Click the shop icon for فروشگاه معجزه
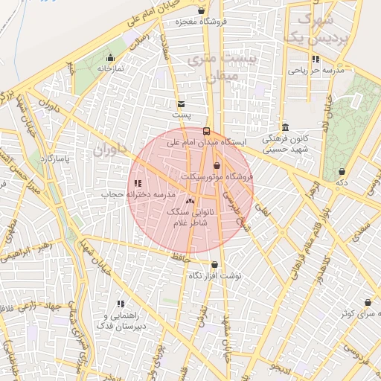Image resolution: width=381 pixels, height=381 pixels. [x=202, y=10]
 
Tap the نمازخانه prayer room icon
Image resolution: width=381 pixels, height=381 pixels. [x=111, y=57]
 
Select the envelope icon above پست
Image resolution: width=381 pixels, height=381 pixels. [x=181, y=103]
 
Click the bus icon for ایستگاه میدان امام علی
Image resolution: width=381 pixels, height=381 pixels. [x=206, y=131]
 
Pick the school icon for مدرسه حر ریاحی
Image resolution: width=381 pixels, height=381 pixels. [x=316, y=59]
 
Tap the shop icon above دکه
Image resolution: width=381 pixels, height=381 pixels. [x=342, y=171]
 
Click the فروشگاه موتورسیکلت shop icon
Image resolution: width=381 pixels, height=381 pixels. [x=217, y=165]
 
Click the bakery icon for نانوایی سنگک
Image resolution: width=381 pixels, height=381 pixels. [x=190, y=200]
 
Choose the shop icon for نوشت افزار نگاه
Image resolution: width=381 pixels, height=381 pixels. [x=214, y=264]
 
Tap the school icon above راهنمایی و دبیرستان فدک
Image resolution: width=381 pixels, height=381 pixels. [x=121, y=304]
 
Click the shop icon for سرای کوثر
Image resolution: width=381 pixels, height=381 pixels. [x=368, y=302]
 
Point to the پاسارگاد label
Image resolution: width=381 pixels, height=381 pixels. [x=56, y=159]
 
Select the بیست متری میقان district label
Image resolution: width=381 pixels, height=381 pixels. [x=222, y=65]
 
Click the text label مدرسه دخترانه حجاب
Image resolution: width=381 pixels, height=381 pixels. [x=138, y=194]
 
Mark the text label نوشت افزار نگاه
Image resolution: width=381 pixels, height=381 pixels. [x=215, y=276]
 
